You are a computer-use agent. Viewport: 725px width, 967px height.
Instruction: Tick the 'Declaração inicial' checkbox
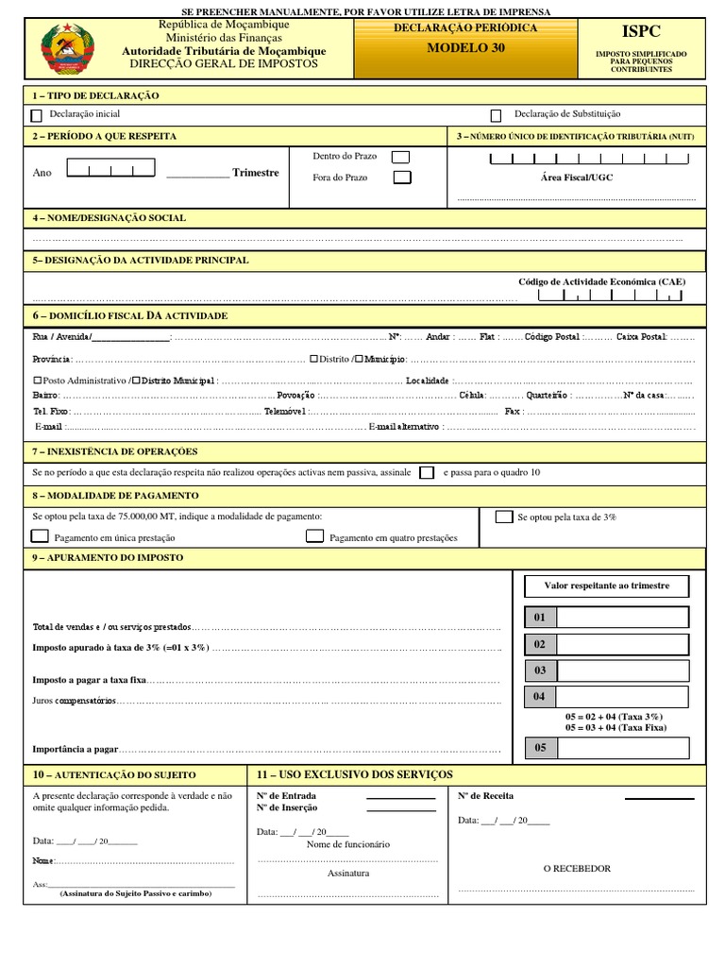click(37, 116)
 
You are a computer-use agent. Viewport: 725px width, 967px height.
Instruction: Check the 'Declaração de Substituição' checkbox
click(496, 116)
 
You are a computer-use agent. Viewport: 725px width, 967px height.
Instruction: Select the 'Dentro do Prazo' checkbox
click(401, 157)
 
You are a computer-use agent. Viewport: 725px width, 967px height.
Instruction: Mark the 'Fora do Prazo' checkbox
click(401, 178)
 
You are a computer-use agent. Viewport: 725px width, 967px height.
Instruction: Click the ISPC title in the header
click(641, 33)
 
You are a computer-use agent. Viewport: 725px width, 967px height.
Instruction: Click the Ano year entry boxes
click(110, 171)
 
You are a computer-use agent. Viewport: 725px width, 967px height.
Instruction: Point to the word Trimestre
click(255, 173)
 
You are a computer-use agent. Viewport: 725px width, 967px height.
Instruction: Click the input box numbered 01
click(623, 618)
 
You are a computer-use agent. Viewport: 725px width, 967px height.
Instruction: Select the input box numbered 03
click(623, 670)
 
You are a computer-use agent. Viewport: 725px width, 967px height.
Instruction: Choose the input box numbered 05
click(623, 748)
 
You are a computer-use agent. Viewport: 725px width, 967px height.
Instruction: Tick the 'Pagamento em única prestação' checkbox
click(40, 536)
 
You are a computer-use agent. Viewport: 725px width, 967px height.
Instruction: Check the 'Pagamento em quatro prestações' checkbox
click(314, 536)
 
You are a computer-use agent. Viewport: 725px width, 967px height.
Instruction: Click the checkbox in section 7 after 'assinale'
click(427, 472)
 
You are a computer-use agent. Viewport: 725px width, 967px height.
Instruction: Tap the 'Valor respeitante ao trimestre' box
click(606, 586)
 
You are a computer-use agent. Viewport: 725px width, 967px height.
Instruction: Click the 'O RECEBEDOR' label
click(577, 869)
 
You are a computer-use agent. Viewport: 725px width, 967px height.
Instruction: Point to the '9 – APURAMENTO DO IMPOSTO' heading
click(108, 558)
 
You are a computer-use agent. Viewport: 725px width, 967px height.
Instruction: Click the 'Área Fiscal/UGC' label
click(576, 178)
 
